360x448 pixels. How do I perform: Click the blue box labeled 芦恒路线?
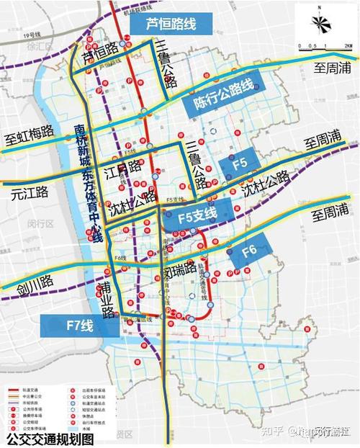[171, 23]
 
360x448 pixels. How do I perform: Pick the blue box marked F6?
[249, 251]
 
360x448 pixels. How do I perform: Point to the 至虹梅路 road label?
[30, 133]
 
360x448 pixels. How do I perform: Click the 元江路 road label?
[29, 192]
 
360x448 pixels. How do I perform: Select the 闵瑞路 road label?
[179, 272]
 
